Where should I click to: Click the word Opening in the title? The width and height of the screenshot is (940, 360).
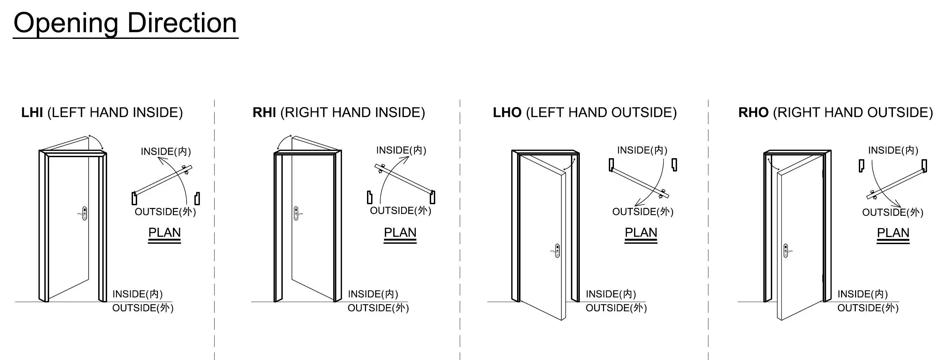point(66,23)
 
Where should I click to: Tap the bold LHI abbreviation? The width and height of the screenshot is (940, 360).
point(32,112)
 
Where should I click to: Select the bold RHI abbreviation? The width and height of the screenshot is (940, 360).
point(264,112)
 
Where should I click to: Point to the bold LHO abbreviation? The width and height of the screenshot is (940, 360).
point(507,112)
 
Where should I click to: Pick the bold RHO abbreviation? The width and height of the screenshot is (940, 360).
point(753,112)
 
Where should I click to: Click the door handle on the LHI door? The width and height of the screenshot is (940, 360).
point(84,213)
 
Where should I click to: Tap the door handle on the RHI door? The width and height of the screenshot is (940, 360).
point(297,213)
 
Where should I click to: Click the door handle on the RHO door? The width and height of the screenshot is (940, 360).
point(787,251)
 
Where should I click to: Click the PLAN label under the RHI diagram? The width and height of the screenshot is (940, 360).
point(400,232)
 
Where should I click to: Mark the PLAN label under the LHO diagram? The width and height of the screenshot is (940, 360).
point(641,232)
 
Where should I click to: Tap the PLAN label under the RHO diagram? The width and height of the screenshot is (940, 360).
point(893,233)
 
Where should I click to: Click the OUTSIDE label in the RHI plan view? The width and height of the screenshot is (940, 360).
point(400,210)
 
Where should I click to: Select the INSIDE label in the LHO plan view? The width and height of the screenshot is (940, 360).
point(642,150)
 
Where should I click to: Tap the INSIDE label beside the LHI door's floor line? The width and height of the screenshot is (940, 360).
point(137,294)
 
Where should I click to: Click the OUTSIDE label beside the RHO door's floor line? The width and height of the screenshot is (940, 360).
point(867,308)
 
